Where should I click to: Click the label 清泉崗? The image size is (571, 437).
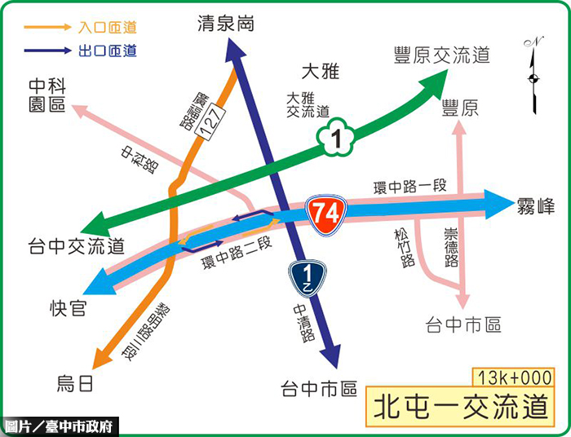(x=226, y=24)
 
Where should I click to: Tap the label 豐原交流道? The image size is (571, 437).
(x=440, y=55)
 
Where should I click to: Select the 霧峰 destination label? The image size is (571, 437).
(x=536, y=205)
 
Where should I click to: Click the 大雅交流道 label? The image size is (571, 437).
(x=308, y=104)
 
